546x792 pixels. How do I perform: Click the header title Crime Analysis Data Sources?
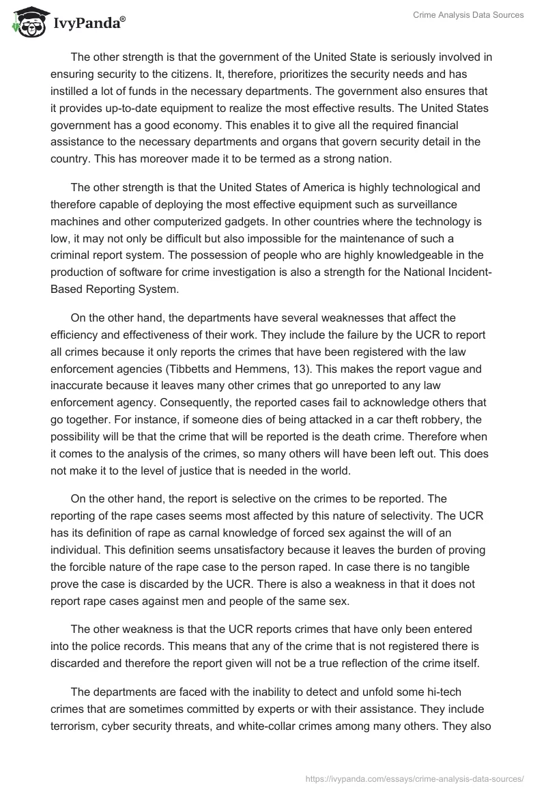click(x=468, y=15)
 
